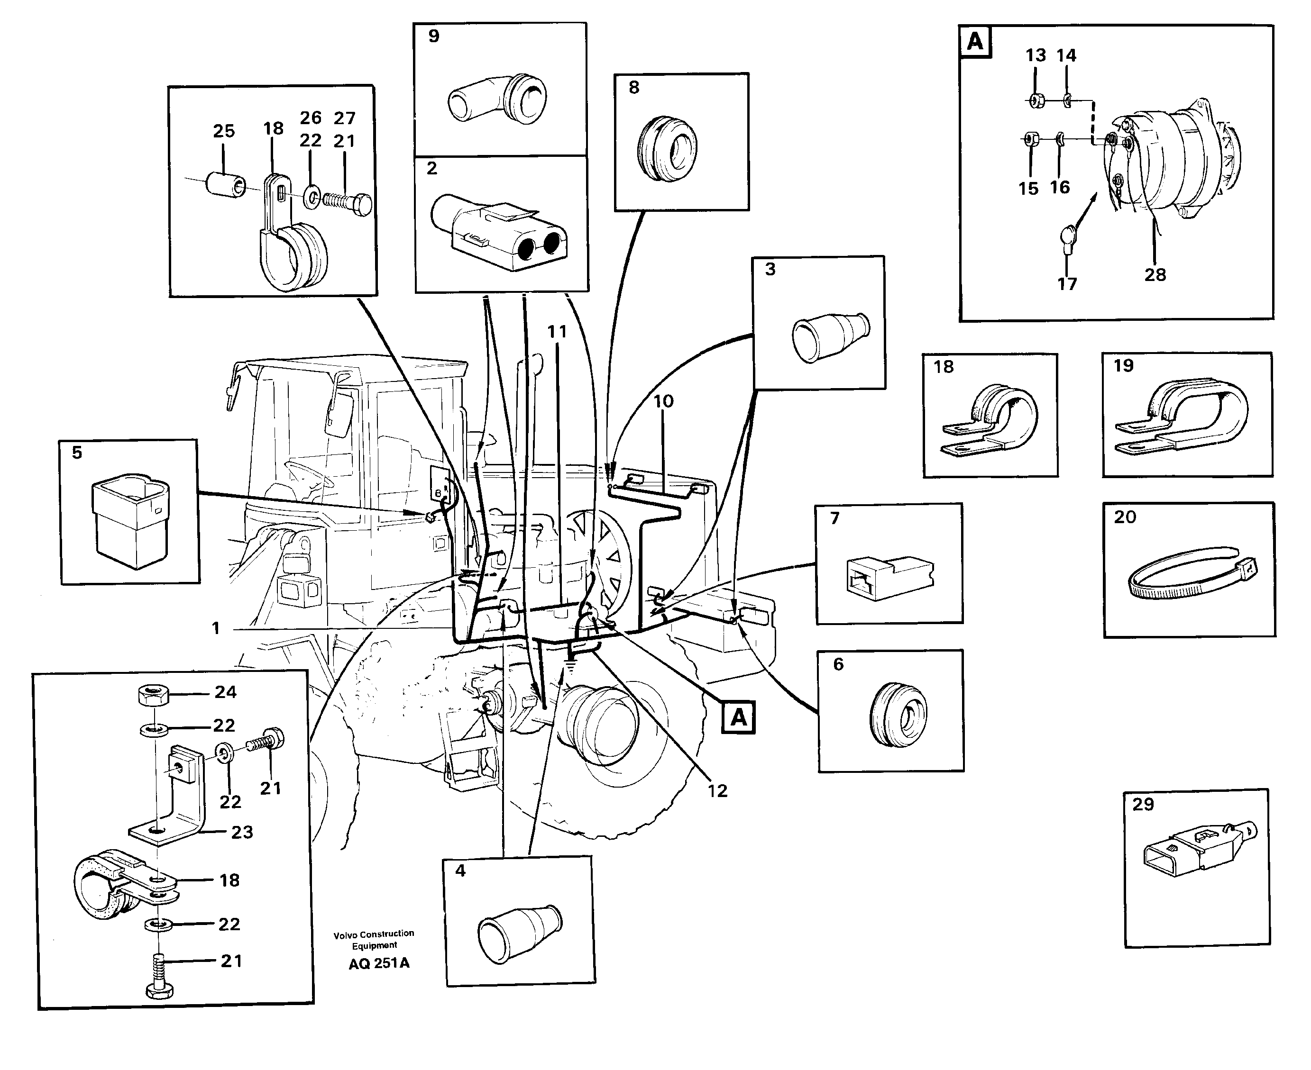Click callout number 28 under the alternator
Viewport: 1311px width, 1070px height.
tap(1155, 275)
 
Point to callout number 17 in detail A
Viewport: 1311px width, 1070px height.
tap(1067, 284)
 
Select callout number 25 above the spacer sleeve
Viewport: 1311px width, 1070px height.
tap(224, 131)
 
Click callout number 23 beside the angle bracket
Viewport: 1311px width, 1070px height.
tap(242, 832)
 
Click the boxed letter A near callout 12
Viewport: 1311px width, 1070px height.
tap(738, 717)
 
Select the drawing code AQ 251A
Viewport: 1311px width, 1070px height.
tap(379, 963)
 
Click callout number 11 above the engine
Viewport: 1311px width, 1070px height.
tap(557, 332)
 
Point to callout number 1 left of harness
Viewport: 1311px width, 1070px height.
tap(215, 628)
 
